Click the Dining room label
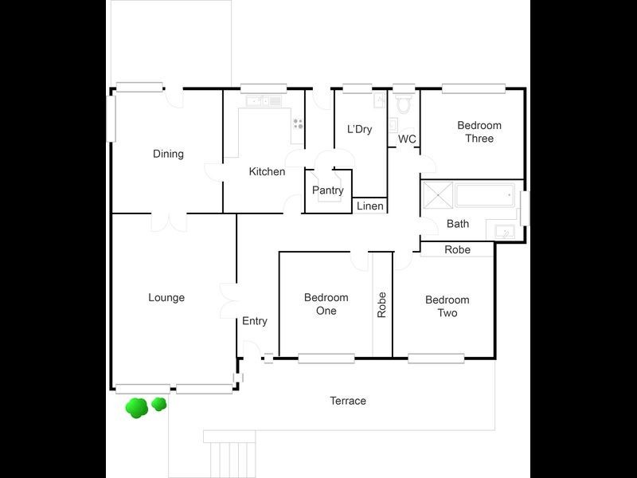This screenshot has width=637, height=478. (x=168, y=154)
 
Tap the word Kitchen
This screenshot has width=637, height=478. (x=267, y=171)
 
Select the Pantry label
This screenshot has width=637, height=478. (x=327, y=190)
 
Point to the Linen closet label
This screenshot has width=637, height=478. (x=369, y=206)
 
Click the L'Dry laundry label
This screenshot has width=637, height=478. (x=359, y=129)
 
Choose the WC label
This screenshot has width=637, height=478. (x=407, y=139)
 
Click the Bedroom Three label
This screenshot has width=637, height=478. (x=479, y=131)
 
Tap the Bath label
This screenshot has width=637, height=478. (x=457, y=224)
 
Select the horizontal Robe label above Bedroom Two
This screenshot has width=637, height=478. (x=457, y=249)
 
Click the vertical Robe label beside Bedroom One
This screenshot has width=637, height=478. (x=382, y=304)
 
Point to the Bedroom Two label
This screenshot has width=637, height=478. (x=447, y=306)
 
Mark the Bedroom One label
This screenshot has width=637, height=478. (x=326, y=304)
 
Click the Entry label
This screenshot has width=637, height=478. (x=254, y=321)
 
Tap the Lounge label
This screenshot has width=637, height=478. (x=166, y=298)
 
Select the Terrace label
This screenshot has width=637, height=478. (x=348, y=401)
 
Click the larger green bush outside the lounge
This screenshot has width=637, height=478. (x=137, y=408)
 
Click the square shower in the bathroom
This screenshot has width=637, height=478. (x=436, y=194)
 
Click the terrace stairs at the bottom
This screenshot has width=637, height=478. (x=231, y=458)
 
